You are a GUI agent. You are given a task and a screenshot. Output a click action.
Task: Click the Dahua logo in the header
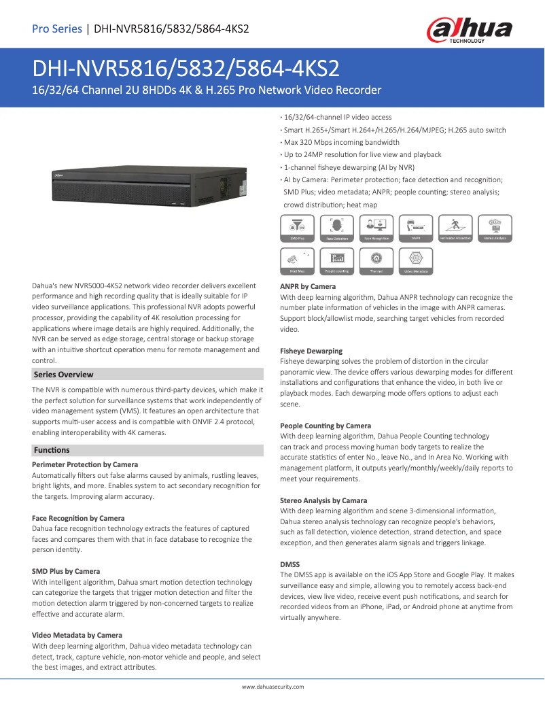pyautogui.click(x=469, y=31)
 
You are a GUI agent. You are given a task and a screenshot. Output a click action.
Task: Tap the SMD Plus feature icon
pyautogui.click(x=297, y=228)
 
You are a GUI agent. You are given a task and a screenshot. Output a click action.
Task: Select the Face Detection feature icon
pyautogui.click(x=337, y=228)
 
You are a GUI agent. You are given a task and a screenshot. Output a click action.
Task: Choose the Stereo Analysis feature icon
pyautogui.click(x=495, y=228)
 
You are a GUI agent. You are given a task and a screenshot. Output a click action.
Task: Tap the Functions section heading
pyautogui.click(x=52, y=450)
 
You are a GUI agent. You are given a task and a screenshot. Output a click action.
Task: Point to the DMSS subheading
pyautogui.click(x=290, y=564)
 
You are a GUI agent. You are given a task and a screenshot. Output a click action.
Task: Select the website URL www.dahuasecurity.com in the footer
pyautogui.click(x=272, y=687)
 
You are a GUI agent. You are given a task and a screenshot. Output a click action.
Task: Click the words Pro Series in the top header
pyautogui.click(x=56, y=29)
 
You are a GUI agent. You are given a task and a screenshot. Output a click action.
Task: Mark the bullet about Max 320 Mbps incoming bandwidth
pyautogui.click(x=341, y=143)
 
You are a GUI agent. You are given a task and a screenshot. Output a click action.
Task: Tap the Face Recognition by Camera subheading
pyautogui.click(x=78, y=518)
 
